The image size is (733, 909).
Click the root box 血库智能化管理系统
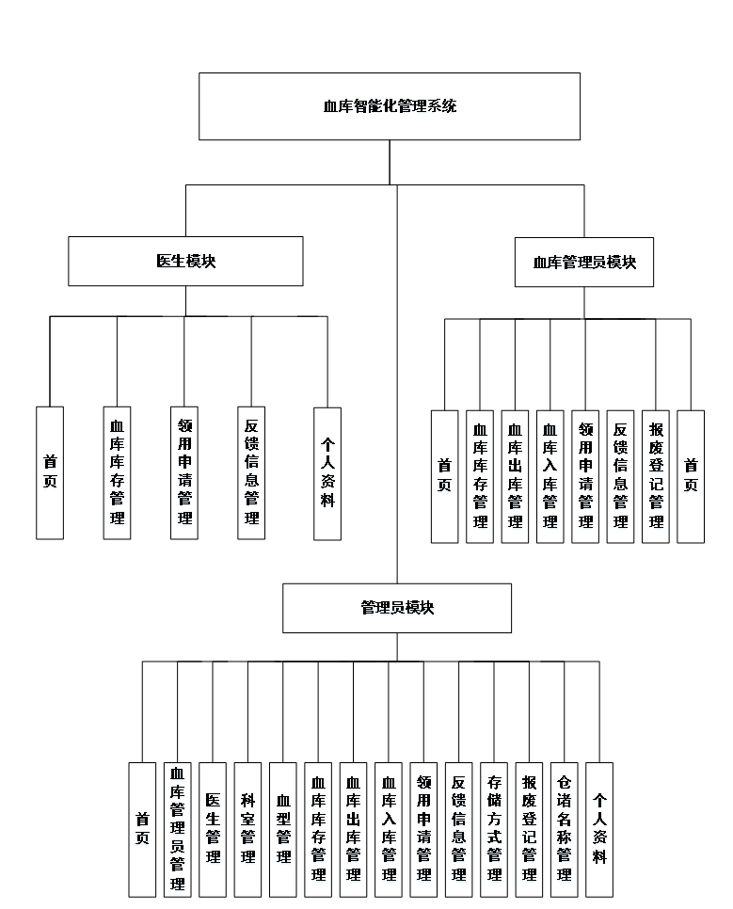pos(390,106)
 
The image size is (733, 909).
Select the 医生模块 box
pos(185,261)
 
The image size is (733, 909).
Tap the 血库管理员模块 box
pos(584,263)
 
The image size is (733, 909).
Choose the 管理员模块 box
pos(397,608)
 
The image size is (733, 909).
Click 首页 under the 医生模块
pos(50,472)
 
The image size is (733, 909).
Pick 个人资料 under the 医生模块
pos(327,472)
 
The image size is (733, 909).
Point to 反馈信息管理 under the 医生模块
pos(251,472)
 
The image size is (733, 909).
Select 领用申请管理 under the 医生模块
pos(184,472)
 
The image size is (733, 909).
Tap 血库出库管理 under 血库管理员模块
pos(515,476)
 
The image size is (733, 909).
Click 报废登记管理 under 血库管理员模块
pos(656,476)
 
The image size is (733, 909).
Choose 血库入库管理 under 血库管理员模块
pos(550,476)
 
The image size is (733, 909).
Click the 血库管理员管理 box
pos(177,829)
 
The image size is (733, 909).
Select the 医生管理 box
pos(213,829)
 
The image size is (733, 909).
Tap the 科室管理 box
pos(247,829)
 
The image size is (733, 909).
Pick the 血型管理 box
pos(282,829)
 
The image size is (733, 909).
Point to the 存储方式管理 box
pos(494,829)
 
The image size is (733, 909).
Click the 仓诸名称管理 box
pos(565,829)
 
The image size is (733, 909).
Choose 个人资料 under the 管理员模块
pos(599,829)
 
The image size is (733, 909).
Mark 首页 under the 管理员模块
pos(142,829)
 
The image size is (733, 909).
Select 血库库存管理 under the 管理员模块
pos(318,829)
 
